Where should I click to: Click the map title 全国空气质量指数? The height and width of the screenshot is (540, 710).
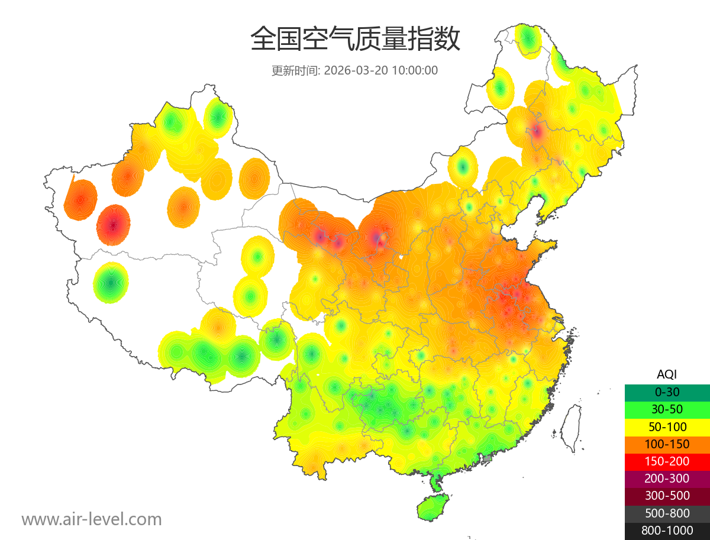pyautogui.click(x=355, y=40)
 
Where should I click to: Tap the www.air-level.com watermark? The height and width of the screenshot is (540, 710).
pyautogui.click(x=92, y=519)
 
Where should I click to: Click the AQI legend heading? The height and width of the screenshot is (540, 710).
pyautogui.click(x=667, y=374)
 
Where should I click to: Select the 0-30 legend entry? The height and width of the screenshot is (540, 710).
pyautogui.click(x=667, y=392)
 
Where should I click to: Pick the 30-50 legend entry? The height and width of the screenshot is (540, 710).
pyautogui.click(x=667, y=409)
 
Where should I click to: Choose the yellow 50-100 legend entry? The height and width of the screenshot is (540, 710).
pyautogui.click(x=667, y=426)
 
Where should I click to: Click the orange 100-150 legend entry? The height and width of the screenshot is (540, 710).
pyautogui.click(x=667, y=444)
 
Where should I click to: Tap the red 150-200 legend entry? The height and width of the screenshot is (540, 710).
pyautogui.click(x=667, y=461)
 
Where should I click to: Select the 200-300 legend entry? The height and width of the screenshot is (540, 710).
pyautogui.click(x=667, y=478)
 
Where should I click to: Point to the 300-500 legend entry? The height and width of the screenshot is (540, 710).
pyautogui.click(x=667, y=496)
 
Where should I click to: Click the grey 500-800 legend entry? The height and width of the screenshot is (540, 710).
pyautogui.click(x=667, y=513)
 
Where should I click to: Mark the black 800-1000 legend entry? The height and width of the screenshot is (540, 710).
pyautogui.click(x=667, y=531)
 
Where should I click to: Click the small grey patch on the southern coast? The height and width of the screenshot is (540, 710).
pyautogui.click(x=488, y=458)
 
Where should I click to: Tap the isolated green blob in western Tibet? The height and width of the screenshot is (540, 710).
pyautogui.click(x=111, y=283)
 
